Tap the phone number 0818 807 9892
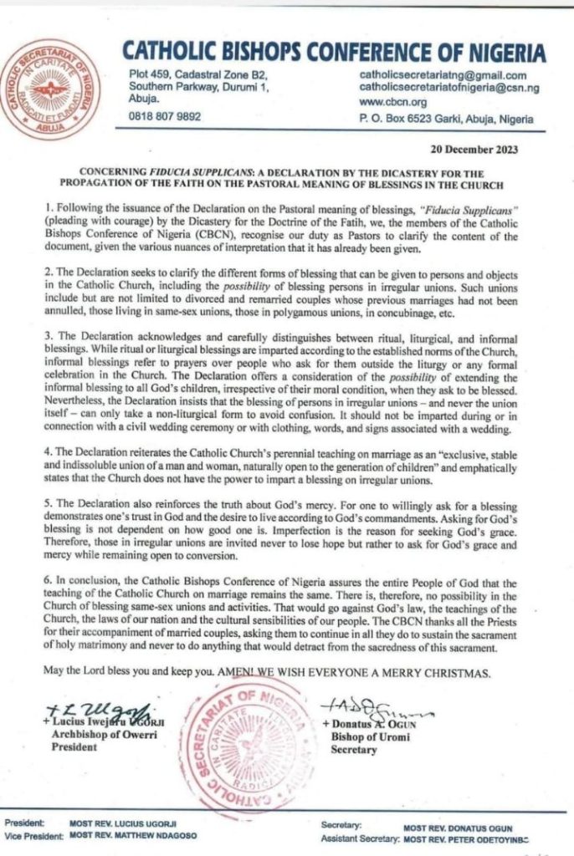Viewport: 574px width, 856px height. [165, 117]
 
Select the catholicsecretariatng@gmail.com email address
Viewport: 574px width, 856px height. [443, 74]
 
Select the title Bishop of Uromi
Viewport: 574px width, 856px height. [361, 737]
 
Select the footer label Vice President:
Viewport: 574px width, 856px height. [32, 835]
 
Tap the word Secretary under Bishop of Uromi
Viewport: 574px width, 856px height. [350, 750]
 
